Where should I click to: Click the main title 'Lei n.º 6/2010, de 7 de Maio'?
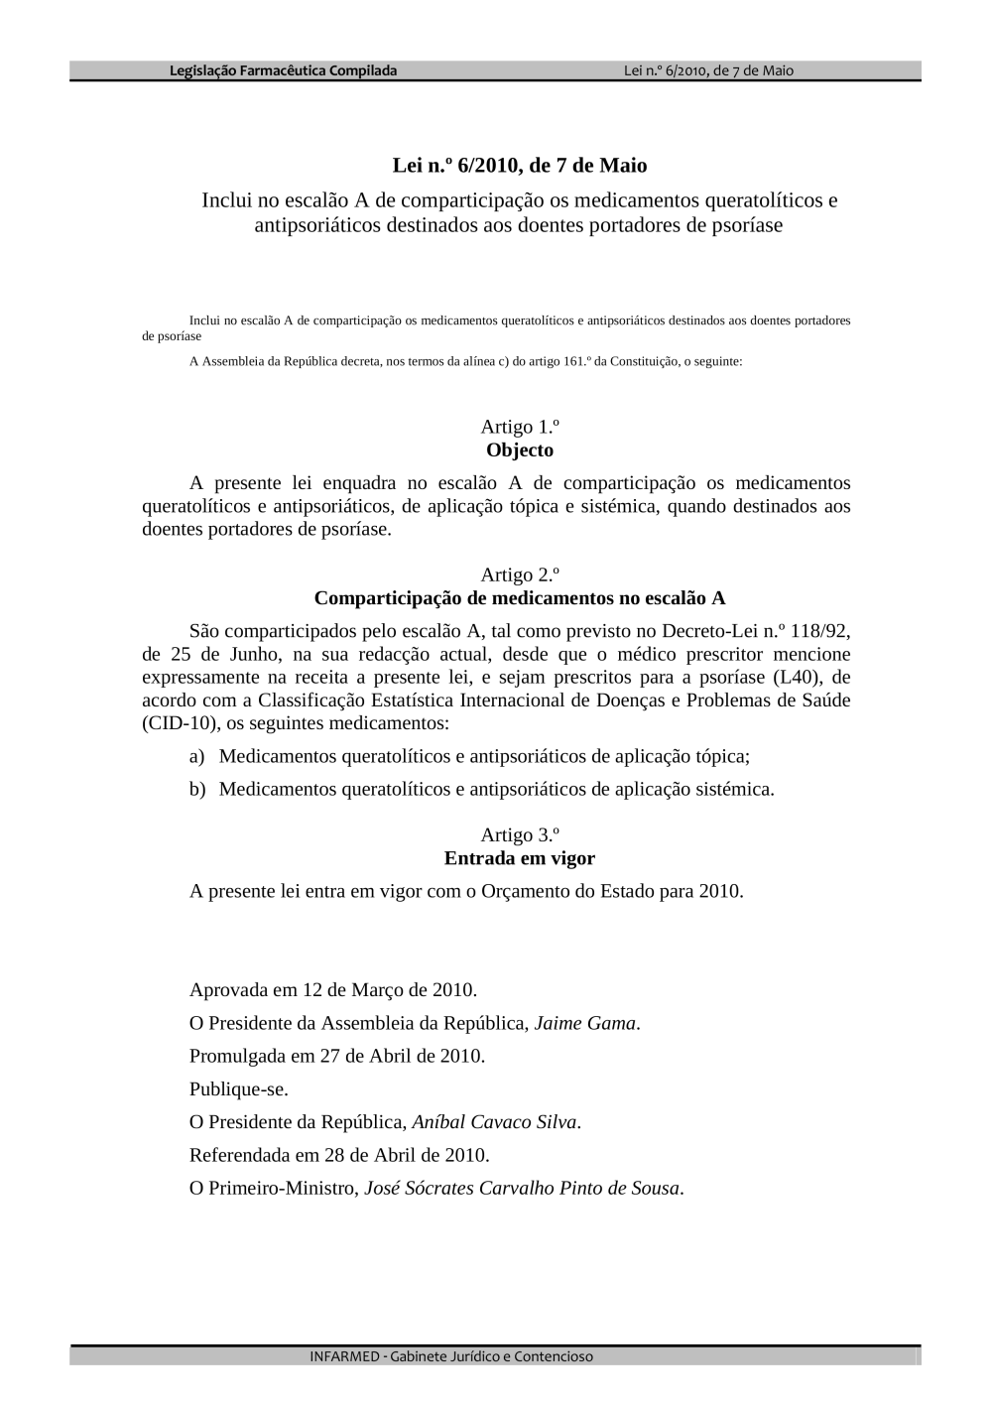click(520, 165)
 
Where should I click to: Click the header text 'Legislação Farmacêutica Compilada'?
click(284, 70)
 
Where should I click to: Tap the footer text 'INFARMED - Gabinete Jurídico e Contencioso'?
click(451, 1356)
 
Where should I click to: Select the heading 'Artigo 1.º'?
click(520, 427)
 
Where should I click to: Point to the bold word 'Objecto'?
click(520, 450)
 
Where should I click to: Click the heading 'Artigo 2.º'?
click(520, 574)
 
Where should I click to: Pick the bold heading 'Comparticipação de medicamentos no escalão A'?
click(520, 598)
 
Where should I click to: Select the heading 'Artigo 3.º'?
click(520, 834)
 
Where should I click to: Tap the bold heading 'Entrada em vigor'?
click(520, 858)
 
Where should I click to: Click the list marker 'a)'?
click(196, 757)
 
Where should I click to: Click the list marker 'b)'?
click(196, 790)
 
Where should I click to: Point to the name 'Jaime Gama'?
click(584, 1023)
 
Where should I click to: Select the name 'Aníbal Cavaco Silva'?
click(494, 1122)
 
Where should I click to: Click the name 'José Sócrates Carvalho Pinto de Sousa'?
click(522, 1188)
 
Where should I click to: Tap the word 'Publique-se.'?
click(239, 1089)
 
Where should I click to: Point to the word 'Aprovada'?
click(228, 990)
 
